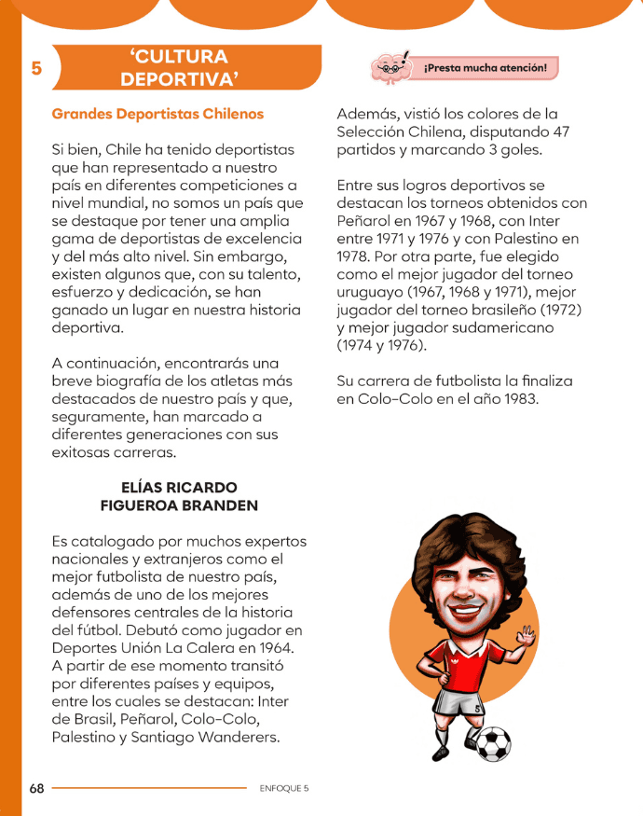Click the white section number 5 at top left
coord(35,69)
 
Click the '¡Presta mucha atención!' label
coord(485,68)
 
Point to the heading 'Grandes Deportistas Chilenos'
coord(157,114)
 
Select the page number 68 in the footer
coord(36,788)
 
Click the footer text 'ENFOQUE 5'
coord(284,788)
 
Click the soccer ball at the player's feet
coord(493,742)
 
